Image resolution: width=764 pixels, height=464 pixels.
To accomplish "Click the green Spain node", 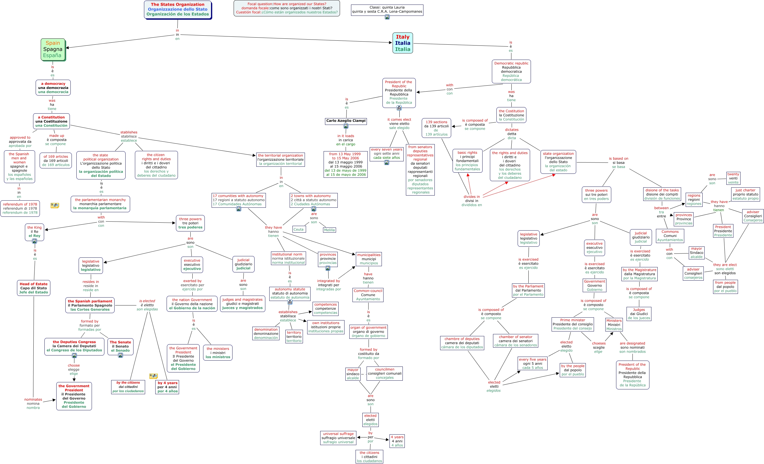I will click(x=53, y=49).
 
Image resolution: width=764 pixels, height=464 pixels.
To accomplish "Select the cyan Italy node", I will click(x=403, y=43).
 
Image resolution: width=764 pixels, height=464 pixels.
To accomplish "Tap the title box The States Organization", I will click(x=178, y=9).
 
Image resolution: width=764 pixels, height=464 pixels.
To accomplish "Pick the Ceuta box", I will click(x=299, y=229).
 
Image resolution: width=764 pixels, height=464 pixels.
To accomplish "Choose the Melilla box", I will click(x=329, y=230).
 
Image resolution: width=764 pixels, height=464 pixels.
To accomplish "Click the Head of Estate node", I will click(x=33, y=288).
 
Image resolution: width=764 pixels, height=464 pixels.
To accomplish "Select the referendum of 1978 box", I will click(x=20, y=209).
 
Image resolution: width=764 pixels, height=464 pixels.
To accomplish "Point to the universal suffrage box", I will click(x=338, y=438).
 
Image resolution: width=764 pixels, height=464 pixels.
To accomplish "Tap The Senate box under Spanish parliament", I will click(x=120, y=346).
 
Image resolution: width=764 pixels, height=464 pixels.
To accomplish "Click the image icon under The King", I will click(x=35, y=241).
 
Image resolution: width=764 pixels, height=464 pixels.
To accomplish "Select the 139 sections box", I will click(x=436, y=128).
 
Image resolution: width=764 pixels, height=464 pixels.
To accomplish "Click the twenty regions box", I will click(x=733, y=178).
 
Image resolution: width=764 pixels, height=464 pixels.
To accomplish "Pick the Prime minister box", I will click(x=573, y=324).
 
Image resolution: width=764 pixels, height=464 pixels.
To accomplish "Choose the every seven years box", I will click(x=386, y=154).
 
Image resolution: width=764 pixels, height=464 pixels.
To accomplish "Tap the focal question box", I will click(x=287, y=8).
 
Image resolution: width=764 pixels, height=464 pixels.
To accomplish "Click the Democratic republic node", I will click(x=511, y=71).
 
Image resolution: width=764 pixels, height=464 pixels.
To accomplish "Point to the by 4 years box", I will click(x=167, y=387).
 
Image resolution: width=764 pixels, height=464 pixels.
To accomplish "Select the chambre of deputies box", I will click(x=462, y=343).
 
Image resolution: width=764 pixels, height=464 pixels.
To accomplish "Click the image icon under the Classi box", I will click(x=387, y=17).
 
